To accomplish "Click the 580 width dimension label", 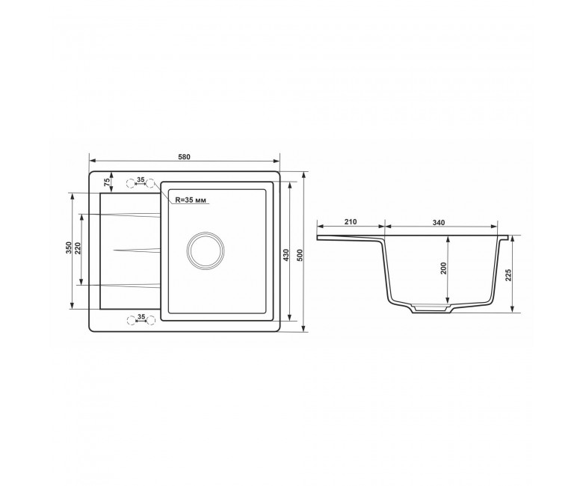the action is click(x=184, y=157).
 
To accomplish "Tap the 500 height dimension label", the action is click(x=300, y=254).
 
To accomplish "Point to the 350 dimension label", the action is click(x=68, y=247).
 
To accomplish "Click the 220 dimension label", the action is click(x=78, y=248).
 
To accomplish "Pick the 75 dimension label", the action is click(x=107, y=182).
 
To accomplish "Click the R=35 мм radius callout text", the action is click(x=191, y=200).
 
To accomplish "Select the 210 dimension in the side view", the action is click(x=351, y=222).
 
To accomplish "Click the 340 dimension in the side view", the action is click(x=439, y=223).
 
